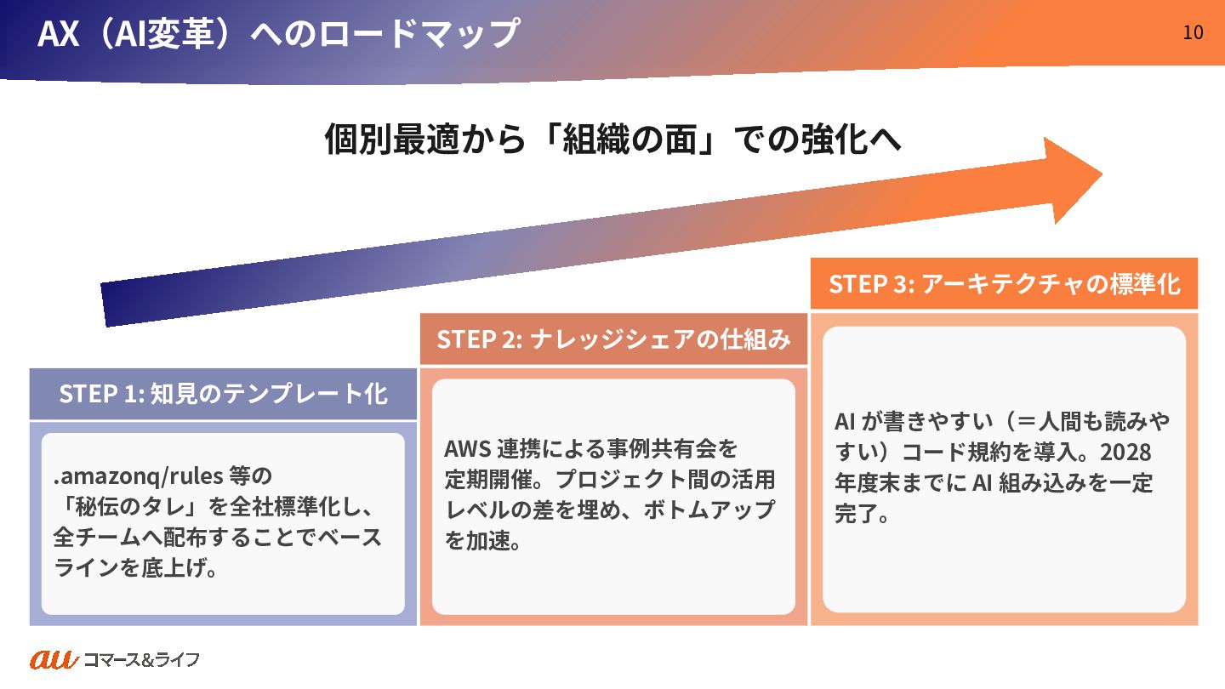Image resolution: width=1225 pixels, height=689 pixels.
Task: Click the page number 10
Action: pyautogui.click(x=1193, y=32)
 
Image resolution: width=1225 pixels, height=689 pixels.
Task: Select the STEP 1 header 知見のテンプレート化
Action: pyautogui.click(x=223, y=394)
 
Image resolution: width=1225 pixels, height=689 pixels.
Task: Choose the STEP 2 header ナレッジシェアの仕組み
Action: pyautogui.click(x=613, y=339)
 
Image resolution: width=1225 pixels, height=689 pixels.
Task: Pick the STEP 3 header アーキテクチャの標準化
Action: pyautogui.click(x=1004, y=283)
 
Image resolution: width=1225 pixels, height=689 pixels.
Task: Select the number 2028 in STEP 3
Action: pyautogui.click(x=1125, y=451)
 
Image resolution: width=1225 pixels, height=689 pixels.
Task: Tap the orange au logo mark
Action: pyautogui.click(x=54, y=658)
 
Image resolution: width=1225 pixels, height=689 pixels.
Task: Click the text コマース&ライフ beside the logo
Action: pyautogui.click(x=141, y=659)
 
